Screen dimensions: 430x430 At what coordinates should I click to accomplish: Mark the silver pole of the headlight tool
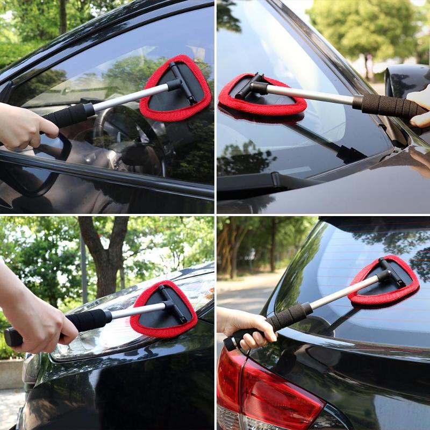tap(137, 311)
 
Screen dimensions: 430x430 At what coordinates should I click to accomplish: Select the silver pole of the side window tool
tap(129, 97)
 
